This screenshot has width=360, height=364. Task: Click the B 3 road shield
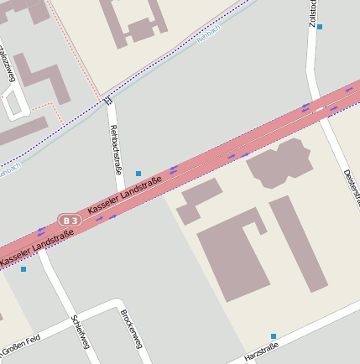point(70,221)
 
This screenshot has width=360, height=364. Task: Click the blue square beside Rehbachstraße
point(138,174)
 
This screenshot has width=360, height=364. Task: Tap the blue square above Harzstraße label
point(274,336)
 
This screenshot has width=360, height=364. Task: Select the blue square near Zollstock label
point(320,27)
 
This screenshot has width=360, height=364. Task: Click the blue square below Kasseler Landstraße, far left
point(23,269)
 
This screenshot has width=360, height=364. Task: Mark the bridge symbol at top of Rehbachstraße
point(108,101)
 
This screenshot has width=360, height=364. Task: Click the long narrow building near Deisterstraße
point(298,243)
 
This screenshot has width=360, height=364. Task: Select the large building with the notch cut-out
point(231,252)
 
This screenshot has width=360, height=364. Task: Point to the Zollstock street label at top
point(313,13)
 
